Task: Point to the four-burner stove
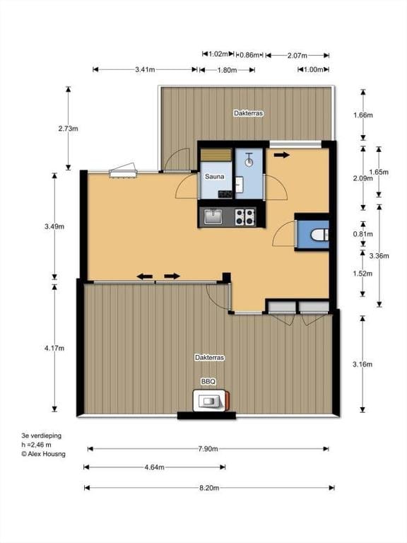[244, 216]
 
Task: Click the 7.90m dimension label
[208, 449]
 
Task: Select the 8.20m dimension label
[208, 488]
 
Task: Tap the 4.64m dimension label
[154, 467]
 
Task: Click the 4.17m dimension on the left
[54, 348]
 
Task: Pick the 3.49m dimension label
[54, 226]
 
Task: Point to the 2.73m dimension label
[68, 129]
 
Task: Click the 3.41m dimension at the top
[145, 69]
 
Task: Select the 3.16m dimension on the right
[362, 364]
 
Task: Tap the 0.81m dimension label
[362, 234]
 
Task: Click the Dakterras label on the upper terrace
[248, 113]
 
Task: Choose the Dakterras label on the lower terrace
[209, 358]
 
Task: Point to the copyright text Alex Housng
[43, 455]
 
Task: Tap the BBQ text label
[208, 381]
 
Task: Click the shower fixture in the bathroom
[249, 160]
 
